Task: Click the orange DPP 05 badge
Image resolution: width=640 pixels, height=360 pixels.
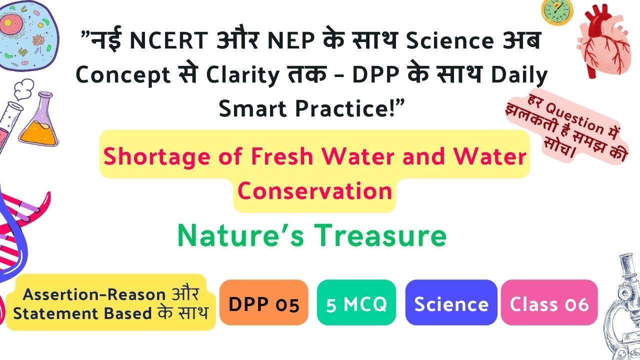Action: [x=263, y=302]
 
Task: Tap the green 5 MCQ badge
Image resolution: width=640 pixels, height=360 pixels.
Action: [x=356, y=302]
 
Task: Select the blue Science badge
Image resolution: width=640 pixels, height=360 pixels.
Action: [x=451, y=302]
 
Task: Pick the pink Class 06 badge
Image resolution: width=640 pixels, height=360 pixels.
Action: [x=549, y=302]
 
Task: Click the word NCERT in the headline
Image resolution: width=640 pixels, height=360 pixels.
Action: [x=169, y=40]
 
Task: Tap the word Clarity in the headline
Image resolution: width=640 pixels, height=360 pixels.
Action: [x=242, y=75]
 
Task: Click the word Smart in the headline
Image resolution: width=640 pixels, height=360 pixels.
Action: [x=252, y=108]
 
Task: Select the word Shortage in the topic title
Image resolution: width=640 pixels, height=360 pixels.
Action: [x=157, y=157]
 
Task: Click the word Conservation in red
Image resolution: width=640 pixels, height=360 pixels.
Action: [x=314, y=191]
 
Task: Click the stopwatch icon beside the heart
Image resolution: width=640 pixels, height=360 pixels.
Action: [x=557, y=12]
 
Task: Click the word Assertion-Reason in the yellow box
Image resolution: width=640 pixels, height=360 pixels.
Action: [x=94, y=294]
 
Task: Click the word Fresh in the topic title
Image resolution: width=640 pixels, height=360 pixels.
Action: [x=282, y=157]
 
